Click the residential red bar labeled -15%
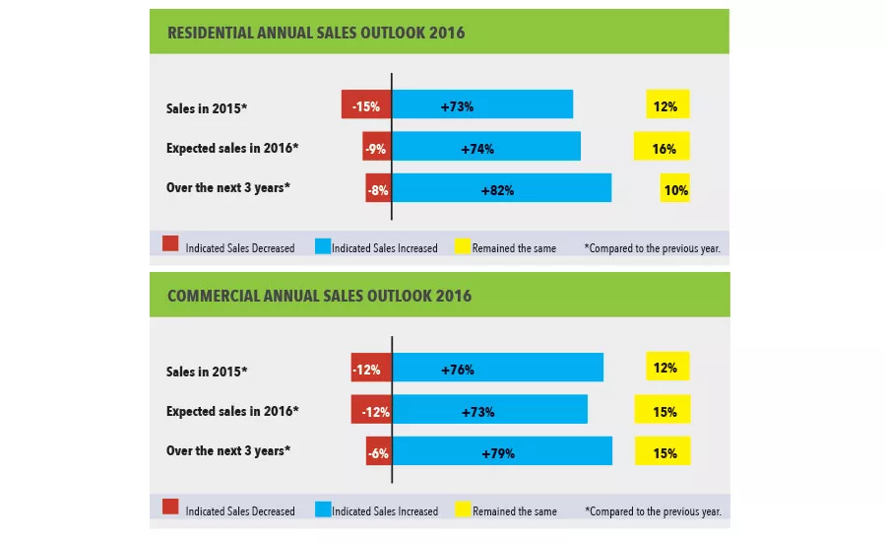366,104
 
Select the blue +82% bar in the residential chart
502,188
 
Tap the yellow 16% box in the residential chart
663,148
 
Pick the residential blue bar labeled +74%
486,147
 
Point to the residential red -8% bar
378,188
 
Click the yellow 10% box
675,189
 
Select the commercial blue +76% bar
498,368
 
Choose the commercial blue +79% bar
502,452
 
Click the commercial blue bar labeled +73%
490,410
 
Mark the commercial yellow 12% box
667,367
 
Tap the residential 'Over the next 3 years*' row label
228,188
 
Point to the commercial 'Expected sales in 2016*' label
231,411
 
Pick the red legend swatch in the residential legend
170,244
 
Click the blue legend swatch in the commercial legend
321,508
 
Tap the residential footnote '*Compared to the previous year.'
652,247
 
